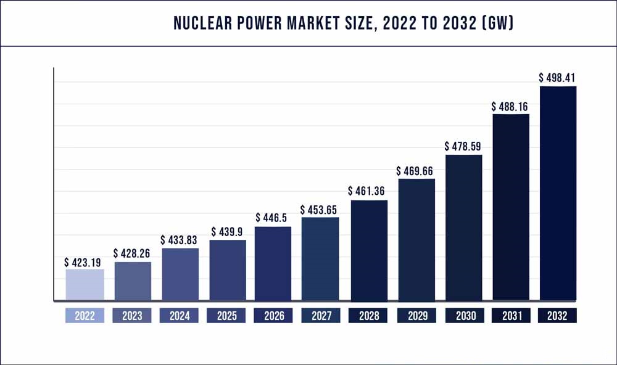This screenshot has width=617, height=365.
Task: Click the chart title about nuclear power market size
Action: (x=344, y=23)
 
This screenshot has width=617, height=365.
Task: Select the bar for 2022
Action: (x=85, y=285)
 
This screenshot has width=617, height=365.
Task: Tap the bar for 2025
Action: (x=228, y=270)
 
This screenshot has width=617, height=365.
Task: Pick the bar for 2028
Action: (x=368, y=250)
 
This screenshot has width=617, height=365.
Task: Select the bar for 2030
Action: (x=463, y=228)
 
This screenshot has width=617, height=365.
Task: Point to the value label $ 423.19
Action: (x=85, y=261)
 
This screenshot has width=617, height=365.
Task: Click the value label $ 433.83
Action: (x=180, y=240)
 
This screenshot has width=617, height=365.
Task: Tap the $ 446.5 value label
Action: (x=273, y=218)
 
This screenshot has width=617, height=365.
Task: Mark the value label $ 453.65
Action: (x=320, y=210)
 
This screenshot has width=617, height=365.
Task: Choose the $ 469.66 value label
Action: (x=416, y=171)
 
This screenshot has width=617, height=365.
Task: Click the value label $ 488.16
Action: (x=510, y=106)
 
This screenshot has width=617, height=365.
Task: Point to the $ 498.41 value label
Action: (x=558, y=78)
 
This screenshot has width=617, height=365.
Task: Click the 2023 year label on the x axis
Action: (x=132, y=316)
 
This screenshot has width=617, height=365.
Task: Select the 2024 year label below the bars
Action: (x=180, y=316)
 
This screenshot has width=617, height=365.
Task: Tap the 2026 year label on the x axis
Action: (x=274, y=316)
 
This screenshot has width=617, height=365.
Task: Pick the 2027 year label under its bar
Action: (x=321, y=316)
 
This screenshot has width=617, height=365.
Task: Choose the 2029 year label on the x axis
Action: (x=416, y=316)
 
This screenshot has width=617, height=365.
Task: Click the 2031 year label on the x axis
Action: (x=510, y=316)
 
